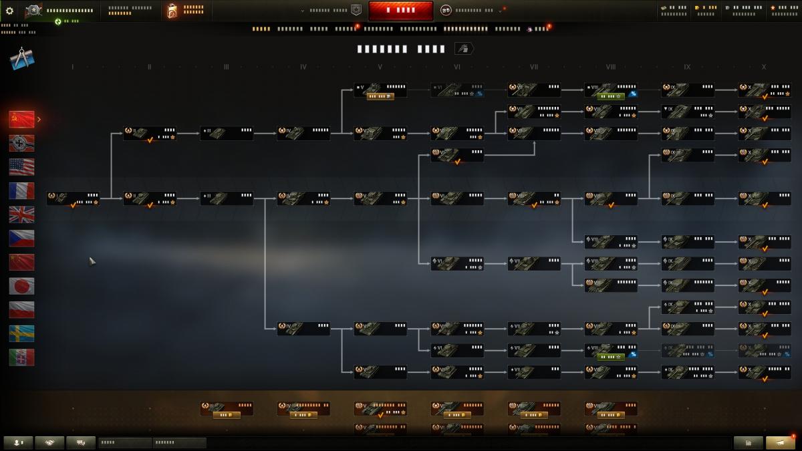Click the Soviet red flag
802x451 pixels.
[x=21, y=120]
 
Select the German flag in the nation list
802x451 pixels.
[x=21, y=143]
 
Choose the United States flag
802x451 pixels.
[x=21, y=167]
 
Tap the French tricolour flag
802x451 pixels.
[x=21, y=191]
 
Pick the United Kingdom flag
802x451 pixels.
[x=21, y=214]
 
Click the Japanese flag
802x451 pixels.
[x=21, y=286]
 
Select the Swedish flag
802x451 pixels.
[x=21, y=333]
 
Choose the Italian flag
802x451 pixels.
[x=21, y=357]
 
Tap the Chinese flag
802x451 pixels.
[x=21, y=262]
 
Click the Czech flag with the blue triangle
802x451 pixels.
[x=21, y=239]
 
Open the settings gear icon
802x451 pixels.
[x=9, y=11]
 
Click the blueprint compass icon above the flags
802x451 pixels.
[x=21, y=59]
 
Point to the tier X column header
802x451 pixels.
[x=764, y=67]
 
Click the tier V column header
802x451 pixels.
[x=380, y=67]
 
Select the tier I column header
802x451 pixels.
[x=72, y=67]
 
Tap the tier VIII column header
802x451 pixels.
[x=610, y=67]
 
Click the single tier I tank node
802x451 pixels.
[x=73, y=198]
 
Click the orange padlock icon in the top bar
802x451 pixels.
[x=172, y=11]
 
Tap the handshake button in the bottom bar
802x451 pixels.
[x=50, y=442]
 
